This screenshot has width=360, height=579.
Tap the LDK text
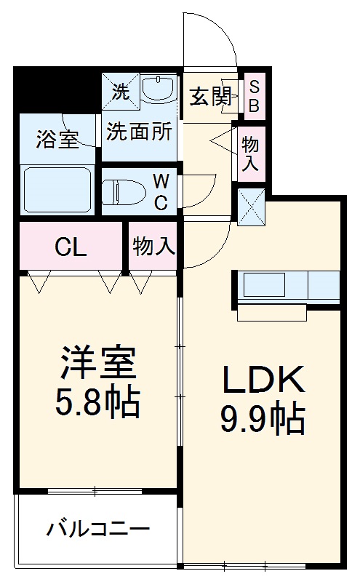coord(262,380)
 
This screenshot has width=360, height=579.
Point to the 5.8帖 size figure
coord(98,402)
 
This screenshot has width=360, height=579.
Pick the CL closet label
coord(71,247)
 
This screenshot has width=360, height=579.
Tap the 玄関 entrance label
coord(211,97)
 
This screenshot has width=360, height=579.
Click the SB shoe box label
coord(254,96)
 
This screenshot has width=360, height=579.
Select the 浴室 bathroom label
coord(57,139)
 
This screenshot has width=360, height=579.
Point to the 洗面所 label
coord(139,131)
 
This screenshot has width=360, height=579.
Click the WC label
coord(161,191)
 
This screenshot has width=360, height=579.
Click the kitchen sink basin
coord(263,285)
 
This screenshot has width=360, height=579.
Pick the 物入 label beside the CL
coord(154,247)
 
